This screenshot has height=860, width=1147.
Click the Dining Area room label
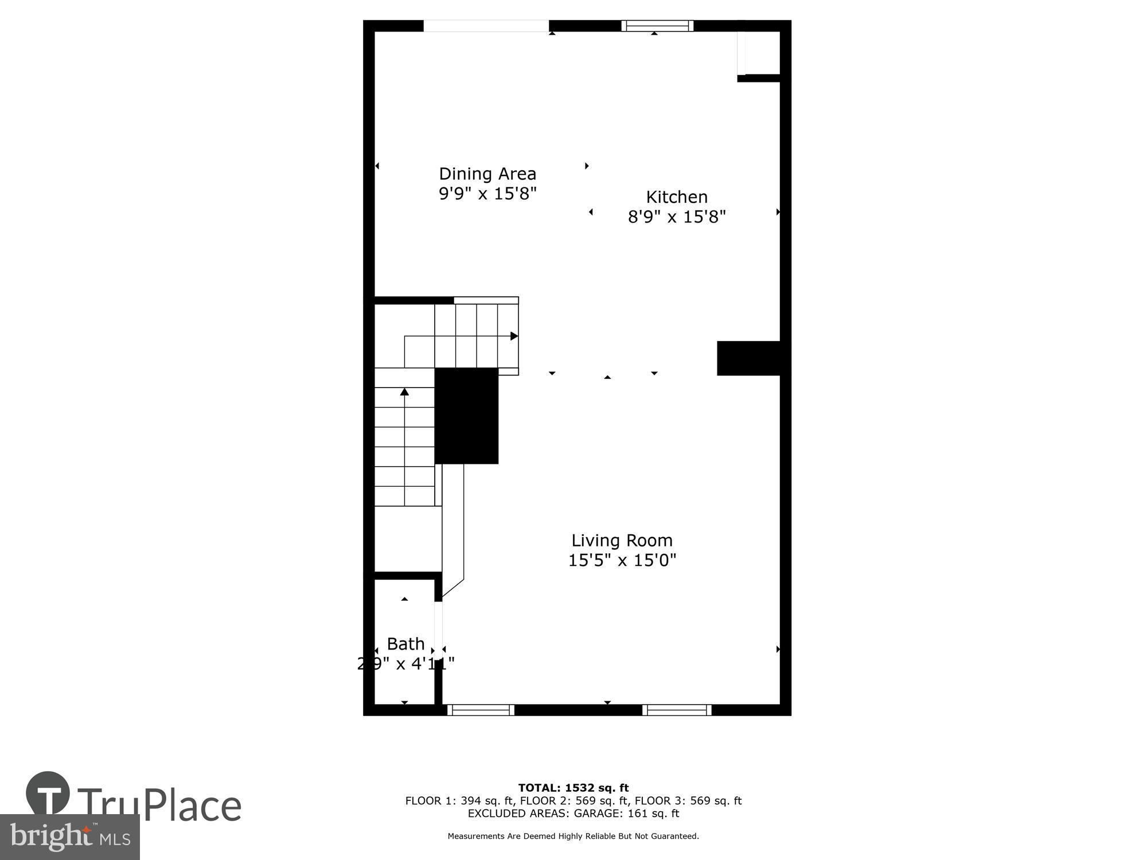coord(487,174)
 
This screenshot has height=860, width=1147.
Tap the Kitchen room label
coord(677,197)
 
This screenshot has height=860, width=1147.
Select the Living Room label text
coord(622,540)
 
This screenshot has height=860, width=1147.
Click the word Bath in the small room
coord(405,644)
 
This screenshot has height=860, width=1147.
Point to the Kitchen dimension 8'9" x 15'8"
coord(677,217)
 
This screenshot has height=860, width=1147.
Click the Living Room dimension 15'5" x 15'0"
coord(622,560)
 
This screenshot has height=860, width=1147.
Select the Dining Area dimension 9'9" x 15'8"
coord(487,194)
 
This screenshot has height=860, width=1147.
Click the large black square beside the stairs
coord(466,416)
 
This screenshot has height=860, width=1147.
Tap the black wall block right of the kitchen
coord(748,358)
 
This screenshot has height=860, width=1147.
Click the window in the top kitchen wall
coord(657,26)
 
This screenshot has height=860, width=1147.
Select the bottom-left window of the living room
coord(481,710)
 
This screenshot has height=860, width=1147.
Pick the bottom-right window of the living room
coord(677,710)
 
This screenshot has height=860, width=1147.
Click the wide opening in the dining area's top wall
coord(486,26)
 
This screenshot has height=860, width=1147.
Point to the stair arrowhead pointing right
coord(514,336)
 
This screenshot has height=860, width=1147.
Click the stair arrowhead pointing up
coord(404,392)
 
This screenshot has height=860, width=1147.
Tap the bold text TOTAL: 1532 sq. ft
coord(573,788)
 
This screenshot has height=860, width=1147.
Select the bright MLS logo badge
coord(70,837)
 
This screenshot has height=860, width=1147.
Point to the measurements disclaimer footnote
coord(573,836)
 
